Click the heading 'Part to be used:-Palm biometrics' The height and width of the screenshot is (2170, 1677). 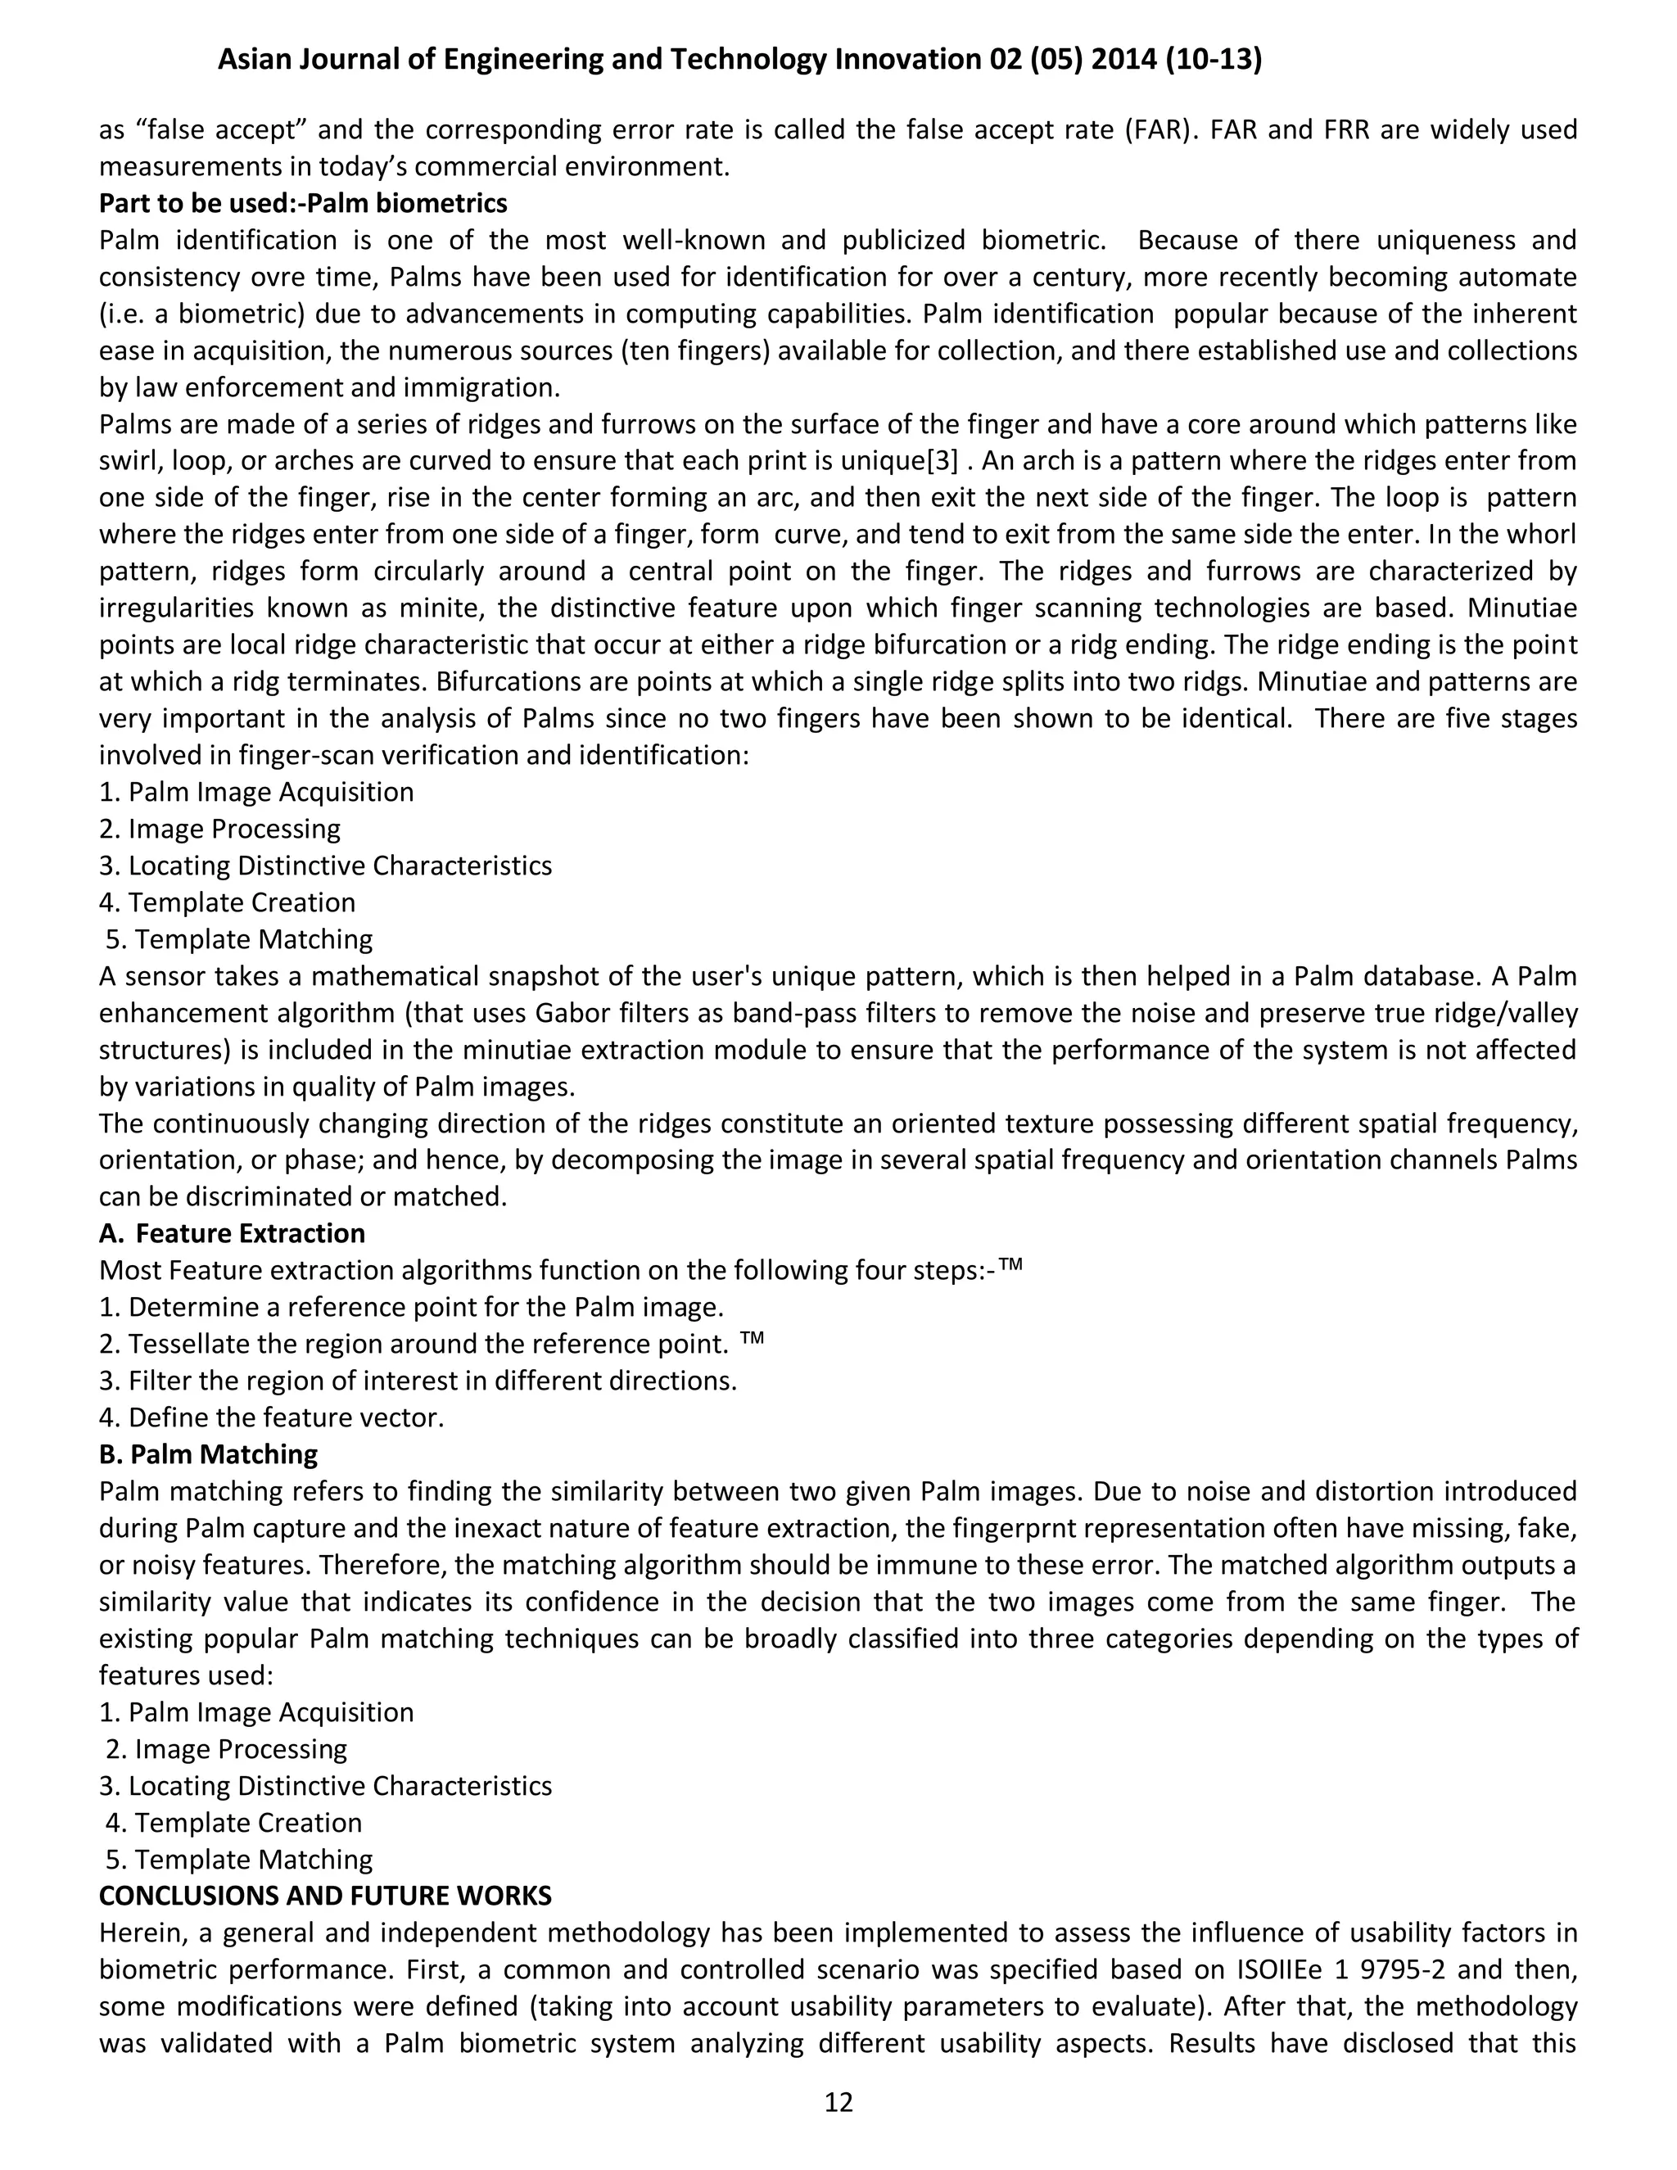tap(303, 204)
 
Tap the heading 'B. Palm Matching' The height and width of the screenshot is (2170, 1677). tap(208, 1453)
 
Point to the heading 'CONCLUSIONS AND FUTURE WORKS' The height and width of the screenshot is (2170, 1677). tap(325, 1895)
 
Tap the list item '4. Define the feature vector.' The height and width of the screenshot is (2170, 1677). tap(271, 1417)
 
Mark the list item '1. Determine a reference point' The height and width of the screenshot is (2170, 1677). tap(411, 1307)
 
